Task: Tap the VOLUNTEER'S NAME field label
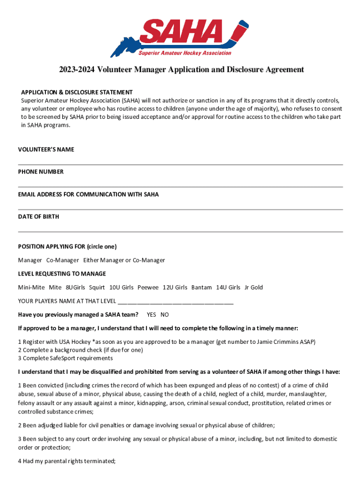(x=46, y=149)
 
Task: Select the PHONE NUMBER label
(x=41, y=172)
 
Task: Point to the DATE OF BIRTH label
(x=38, y=217)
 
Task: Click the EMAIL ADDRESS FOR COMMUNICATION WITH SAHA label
(x=88, y=194)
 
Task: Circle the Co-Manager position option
(x=63, y=260)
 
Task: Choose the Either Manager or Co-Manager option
(x=124, y=260)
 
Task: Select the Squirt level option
(x=97, y=287)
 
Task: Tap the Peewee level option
(x=148, y=287)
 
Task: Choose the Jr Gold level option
(x=254, y=287)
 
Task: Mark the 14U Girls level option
(x=228, y=287)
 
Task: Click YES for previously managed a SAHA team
(x=151, y=314)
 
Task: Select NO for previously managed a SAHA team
(x=165, y=314)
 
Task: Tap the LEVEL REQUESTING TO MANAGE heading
(x=62, y=274)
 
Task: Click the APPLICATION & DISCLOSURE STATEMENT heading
(x=77, y=92)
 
